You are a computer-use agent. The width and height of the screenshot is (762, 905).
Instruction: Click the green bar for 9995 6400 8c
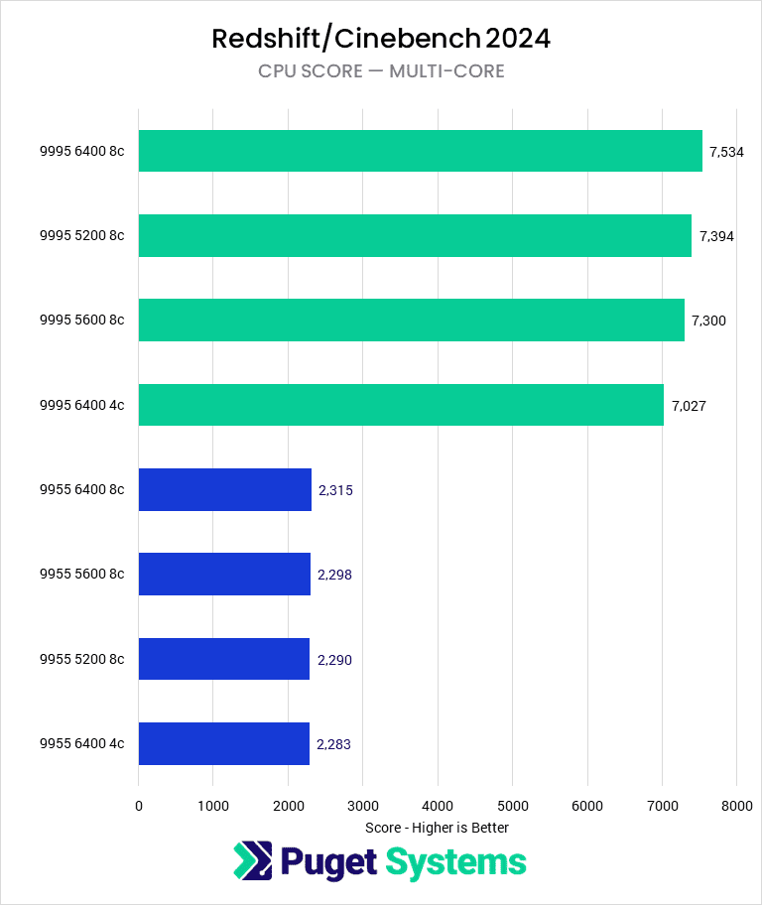pos(420,151)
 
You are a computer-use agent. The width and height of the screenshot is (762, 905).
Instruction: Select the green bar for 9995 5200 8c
pos(415,235)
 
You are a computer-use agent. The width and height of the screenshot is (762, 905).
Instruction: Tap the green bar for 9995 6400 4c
pos(401,405)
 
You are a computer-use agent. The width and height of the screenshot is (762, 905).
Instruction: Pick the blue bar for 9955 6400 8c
pos(225,489)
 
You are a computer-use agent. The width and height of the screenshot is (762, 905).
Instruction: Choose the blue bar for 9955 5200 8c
pos(224,659)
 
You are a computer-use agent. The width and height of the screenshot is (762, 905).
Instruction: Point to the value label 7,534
pos(726,152)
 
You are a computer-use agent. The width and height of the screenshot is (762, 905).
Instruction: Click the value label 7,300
pos(708,321)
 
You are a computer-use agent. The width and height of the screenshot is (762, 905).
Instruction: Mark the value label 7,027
pos(688,405)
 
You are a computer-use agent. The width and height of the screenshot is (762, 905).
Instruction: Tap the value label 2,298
pos(334,575)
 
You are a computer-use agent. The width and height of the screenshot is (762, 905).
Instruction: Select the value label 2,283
pos(333,743)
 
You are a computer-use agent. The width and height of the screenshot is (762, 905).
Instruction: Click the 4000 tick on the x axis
pos(438,807)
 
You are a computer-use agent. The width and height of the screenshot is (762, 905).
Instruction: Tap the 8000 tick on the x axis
pos(735,807)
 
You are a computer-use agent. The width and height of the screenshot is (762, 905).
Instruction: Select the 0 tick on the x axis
pos(139,807)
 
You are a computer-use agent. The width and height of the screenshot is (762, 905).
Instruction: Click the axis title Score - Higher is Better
pos(437,828)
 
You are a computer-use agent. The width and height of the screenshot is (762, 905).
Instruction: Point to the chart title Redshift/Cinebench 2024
pos(381,39)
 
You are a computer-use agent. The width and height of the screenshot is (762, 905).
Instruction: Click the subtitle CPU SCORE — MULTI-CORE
pos(381,70)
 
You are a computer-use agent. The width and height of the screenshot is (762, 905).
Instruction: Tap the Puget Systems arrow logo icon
pos(252,861)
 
